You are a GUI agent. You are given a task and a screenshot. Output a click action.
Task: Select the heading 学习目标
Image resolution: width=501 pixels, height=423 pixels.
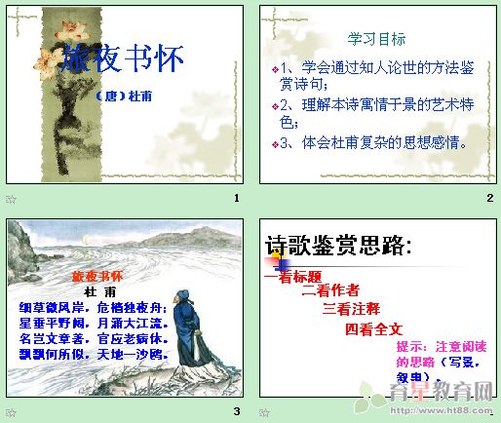[377, 39]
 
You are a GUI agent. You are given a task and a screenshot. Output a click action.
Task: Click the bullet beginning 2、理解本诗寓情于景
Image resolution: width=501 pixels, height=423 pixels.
[372, 112]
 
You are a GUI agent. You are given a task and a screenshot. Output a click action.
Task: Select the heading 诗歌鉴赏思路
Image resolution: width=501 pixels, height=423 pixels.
[338, 246]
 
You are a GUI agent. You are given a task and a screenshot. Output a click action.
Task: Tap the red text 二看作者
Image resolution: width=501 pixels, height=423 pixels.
[330, 289]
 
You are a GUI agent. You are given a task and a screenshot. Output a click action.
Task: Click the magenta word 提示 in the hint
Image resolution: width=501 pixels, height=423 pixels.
[410, 347]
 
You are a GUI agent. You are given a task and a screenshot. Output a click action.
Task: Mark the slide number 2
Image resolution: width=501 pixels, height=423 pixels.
[489, 199]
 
